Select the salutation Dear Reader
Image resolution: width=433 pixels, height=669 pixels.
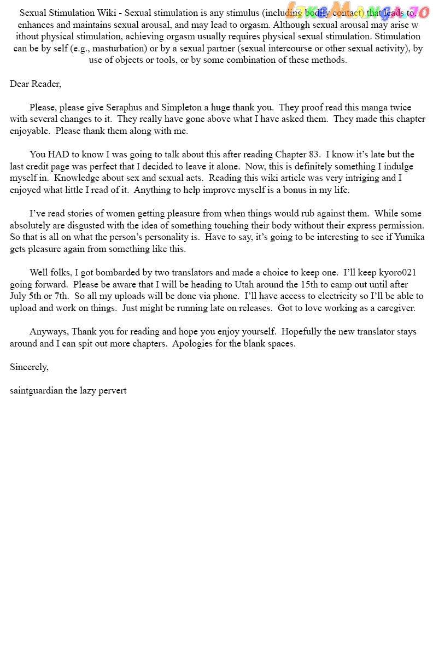click(x=35, y=84)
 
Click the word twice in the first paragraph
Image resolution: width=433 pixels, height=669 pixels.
click(x=401, y=107)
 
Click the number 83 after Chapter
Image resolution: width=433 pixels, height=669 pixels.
click(x=314, y=154)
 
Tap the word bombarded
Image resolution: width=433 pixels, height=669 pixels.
click(x=115, y=272)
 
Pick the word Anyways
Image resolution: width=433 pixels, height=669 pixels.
click(x=49, y=331)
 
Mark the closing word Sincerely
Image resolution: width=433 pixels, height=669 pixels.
click(x=29, y=367)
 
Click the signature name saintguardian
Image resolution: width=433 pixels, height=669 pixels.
click(x=36, y=390)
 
